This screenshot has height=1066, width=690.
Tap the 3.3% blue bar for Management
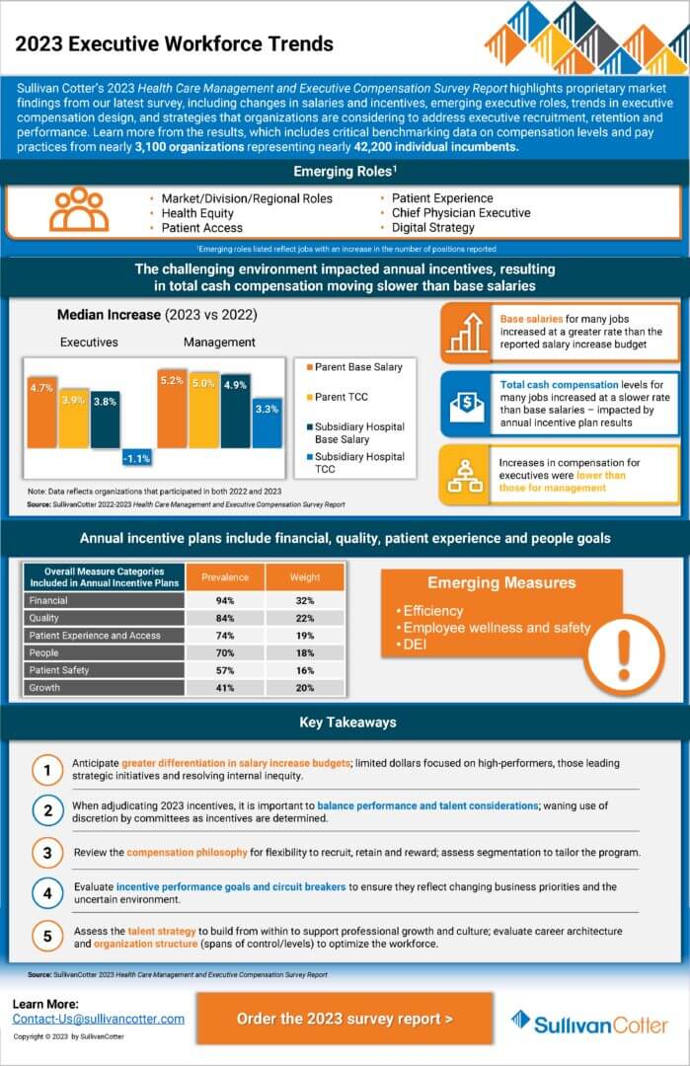coord(267,420)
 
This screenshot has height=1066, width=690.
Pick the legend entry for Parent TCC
coord(342,397)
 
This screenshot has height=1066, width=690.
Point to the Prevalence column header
coord(225,577)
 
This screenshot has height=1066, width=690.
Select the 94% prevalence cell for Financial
coord(225,599)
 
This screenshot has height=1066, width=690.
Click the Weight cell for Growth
coord(305,687)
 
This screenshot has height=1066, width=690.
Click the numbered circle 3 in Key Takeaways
coord(46,851)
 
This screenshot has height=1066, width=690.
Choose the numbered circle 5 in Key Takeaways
coord(46,936)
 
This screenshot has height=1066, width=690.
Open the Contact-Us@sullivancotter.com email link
coord(99,1018)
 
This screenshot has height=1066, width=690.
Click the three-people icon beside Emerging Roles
coord(79,209)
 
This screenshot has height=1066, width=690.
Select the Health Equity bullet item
coord(197,213)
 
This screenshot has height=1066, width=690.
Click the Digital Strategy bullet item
coord(433,228)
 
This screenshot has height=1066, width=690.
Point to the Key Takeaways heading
coord(347,723)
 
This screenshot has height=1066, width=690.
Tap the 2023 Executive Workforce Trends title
coord(174,43)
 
